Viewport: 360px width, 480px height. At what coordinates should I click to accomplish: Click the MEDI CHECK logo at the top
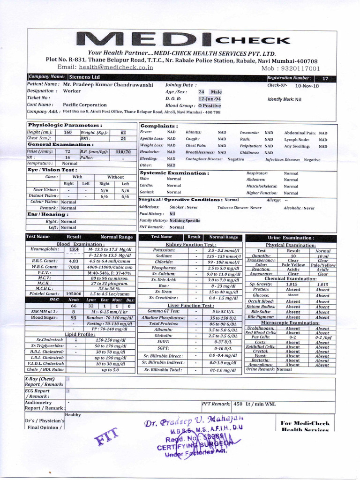pos(182,40)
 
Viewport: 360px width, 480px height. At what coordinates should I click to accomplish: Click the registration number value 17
pos(325,79)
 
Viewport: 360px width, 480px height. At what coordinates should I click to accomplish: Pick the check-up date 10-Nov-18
pos(307,86)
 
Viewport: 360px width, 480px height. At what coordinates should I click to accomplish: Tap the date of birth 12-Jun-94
pos(209,99)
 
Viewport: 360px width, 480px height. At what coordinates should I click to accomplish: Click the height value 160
pos(68,133)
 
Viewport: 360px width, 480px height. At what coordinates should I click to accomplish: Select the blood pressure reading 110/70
pos(123,152)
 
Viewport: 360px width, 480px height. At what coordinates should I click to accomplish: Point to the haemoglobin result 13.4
pos(74,250)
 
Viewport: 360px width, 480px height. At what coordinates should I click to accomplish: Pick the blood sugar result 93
pos(74,317)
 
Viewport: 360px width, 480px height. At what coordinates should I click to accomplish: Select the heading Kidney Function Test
pos(191,245)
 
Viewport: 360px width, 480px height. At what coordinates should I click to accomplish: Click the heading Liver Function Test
pos(191,306)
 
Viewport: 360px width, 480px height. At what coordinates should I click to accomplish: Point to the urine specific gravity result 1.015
pos(292,285)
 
